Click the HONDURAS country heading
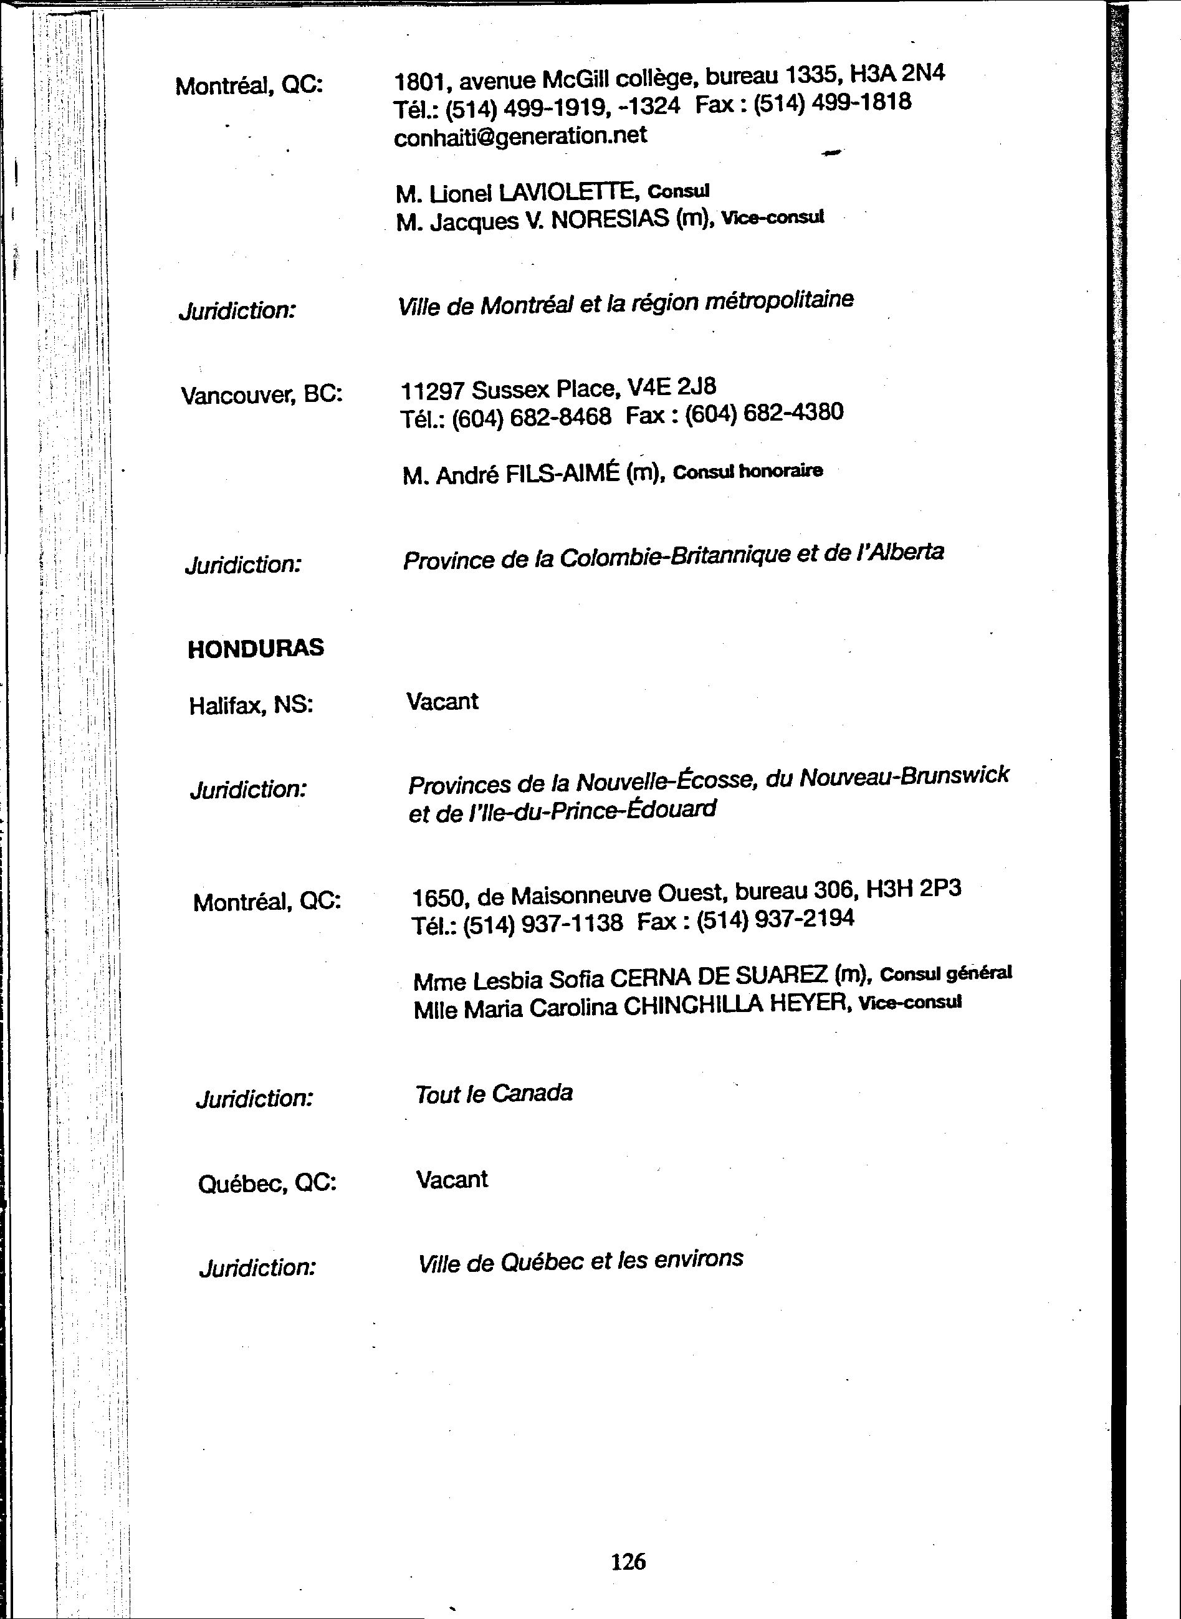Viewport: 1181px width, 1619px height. coord(256,647)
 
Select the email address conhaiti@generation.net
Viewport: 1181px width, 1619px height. coord(520,136)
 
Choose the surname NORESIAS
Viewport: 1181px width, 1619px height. coord(610,219)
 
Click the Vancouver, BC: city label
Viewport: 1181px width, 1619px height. coord(262,394)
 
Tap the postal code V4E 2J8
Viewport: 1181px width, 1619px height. coord(671,387)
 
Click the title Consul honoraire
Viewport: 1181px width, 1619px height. coord(748,471)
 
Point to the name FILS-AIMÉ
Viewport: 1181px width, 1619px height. coord(562,474)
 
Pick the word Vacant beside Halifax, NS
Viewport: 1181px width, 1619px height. coord(442,700)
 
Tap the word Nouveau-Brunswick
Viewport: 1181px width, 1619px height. coord(904,776)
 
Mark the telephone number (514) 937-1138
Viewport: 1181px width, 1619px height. coord(543,924)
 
